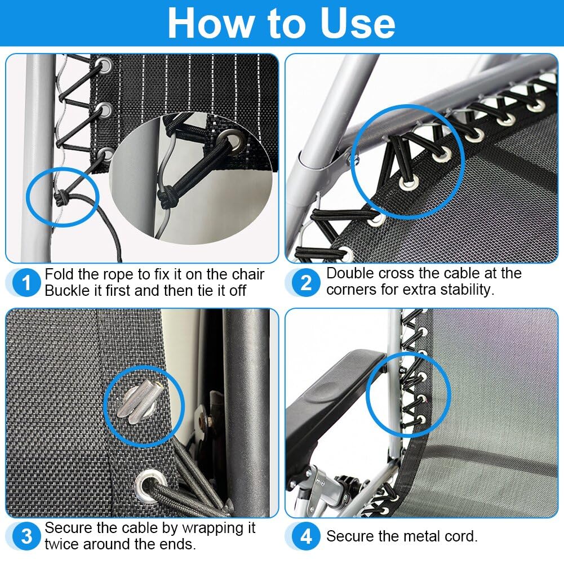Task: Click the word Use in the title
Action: (357, 23)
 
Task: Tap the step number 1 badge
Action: (26, 283)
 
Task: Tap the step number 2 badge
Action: (306, 283)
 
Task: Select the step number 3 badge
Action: (26, 536)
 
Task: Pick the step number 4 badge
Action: (306, 536)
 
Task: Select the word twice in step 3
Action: (62, 544)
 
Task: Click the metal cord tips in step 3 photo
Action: (139, 402)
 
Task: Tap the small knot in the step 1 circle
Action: (60, 198)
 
